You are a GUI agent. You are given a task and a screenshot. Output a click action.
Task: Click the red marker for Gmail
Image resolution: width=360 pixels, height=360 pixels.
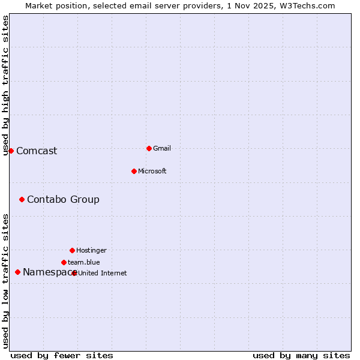tap(149, 148)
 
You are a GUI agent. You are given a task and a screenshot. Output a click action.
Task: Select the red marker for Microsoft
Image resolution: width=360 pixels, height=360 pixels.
tap(134, 171)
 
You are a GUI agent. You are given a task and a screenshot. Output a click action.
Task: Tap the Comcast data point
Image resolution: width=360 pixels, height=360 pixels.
tap(11, 151)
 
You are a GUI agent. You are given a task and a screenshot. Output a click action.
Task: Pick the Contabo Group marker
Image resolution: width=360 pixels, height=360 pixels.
tap(22, 199)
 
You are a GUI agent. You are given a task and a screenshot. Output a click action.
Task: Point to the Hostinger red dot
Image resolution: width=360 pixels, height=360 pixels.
tap(72, 250)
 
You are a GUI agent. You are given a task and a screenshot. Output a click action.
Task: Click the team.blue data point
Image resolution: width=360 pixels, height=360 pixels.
tap(64, 262)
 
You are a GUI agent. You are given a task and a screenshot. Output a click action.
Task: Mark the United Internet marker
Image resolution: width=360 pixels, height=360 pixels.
tap(74, 273)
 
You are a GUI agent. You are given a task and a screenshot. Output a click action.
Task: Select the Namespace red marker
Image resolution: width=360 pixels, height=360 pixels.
tap(17, 272)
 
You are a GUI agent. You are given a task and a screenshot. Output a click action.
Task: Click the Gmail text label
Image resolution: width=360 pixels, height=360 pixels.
tap(162, 148)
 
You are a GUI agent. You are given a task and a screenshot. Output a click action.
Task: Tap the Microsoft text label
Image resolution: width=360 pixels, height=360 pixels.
tap(152, 171)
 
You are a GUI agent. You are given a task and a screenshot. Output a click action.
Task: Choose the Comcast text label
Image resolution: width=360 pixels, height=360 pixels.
tap(37, 151)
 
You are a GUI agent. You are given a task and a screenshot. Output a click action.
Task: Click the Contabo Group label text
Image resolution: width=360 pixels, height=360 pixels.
tap(63, 199)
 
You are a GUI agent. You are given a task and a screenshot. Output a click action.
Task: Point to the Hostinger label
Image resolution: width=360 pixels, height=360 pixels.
tap(91, 250)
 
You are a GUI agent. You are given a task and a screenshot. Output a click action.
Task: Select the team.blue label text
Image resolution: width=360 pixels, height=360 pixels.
tap(84, 262)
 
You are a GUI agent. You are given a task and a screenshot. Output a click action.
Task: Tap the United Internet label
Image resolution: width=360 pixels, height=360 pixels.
tap(103, 273)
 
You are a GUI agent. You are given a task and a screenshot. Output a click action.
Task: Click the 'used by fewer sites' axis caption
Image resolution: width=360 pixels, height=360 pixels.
tap(61, 355)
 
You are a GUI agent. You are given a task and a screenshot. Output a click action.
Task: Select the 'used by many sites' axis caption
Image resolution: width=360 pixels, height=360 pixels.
tap(301, 355)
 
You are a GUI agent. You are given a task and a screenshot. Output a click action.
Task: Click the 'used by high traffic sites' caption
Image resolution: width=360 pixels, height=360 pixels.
tap(6, 85)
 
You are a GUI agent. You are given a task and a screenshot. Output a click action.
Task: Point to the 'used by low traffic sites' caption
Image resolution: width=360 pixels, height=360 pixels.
tap(6, 281)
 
